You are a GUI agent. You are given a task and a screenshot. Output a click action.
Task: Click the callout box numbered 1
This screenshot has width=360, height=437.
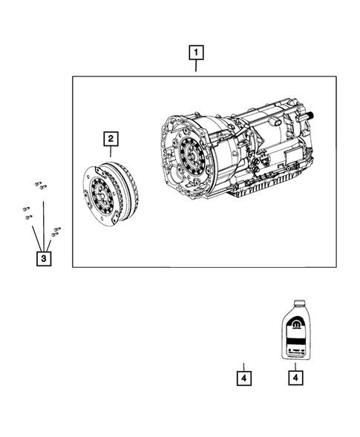pyautogui.click(x=196, y=53)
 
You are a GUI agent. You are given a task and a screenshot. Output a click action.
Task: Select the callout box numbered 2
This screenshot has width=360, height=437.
pyautogui.click(x=110, y=138)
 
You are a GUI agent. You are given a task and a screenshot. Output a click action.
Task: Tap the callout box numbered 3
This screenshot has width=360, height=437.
pyautogui.click(x=44, y=258)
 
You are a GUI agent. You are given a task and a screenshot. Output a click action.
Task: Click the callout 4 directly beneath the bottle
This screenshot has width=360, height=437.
pyautogui.click(x=295, y=377)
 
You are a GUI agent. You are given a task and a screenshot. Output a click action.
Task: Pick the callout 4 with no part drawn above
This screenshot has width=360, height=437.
pyautogui.click(x=243, y=377)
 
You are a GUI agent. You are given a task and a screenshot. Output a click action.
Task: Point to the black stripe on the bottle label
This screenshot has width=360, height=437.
pyautogui.click(x=295, y=338)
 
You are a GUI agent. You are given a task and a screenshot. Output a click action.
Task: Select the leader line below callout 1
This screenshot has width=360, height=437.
pyautogui.click(x=196, y=67)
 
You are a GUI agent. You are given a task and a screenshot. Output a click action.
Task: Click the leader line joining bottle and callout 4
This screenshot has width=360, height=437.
pyautogui.click(x=295, y=364)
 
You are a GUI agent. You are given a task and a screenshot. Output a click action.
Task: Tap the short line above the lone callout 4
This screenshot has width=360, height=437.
pyautogui.click(x=243, y=364)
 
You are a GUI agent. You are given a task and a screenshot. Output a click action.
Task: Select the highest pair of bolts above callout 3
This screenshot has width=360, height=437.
pyautogui.click(x=40, y=183)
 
